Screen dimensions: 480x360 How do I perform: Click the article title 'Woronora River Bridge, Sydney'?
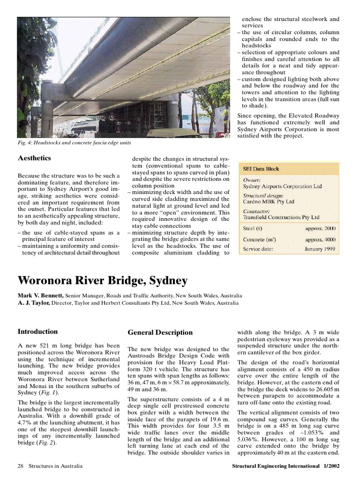(x=102, y=281)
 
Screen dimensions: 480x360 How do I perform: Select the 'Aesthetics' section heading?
(x=34, y=158)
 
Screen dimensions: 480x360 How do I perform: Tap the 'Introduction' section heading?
(x=37, y=331)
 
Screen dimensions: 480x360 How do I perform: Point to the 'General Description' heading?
(x=160, y=332)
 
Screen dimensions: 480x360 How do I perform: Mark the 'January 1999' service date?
(x=320, y=249)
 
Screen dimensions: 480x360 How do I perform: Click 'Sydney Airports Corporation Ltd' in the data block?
(x=282, y=186)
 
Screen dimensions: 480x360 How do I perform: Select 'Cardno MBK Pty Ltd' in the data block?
(x=268, y=202)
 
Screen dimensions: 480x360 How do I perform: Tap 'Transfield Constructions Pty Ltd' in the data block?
(x=281, y=217)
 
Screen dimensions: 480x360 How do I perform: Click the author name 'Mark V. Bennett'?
(x=40, y=296)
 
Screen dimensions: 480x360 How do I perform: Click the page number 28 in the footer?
(x=20, y=466)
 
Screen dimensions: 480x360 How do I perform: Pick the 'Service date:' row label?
(x=258, y=249)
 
